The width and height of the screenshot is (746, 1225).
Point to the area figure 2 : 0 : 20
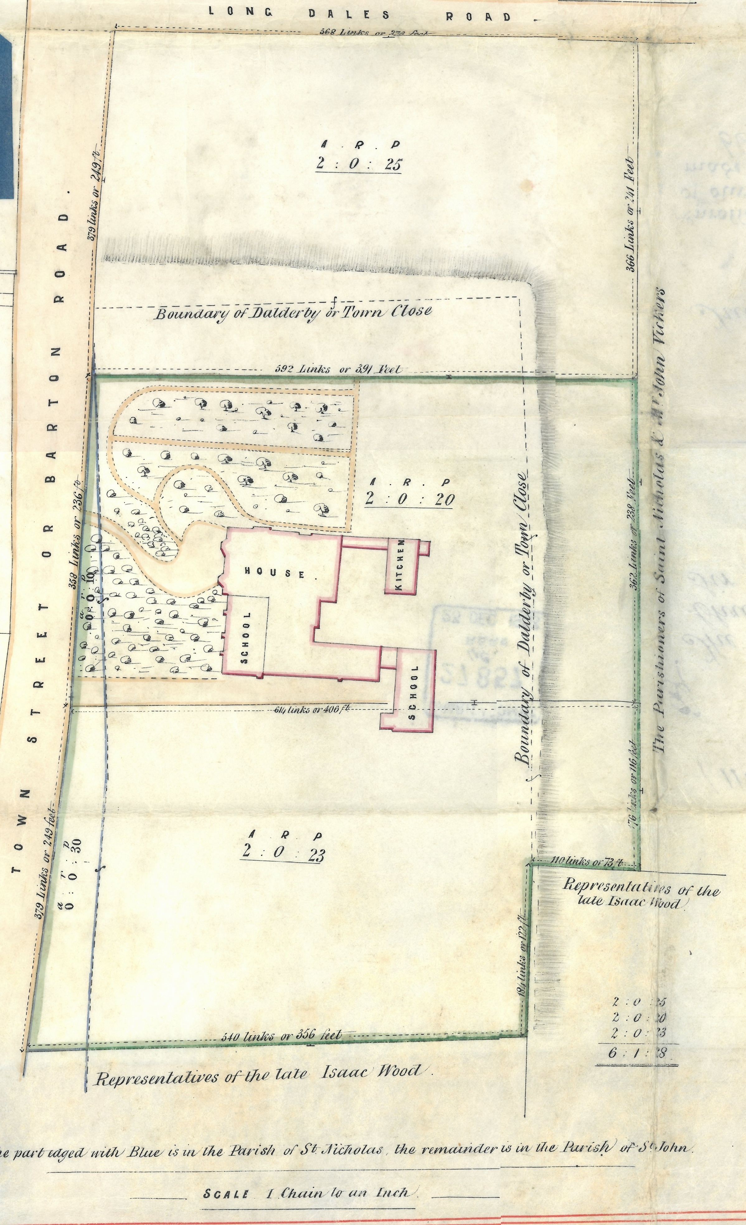pyautogui.click(x=410, y=499)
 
